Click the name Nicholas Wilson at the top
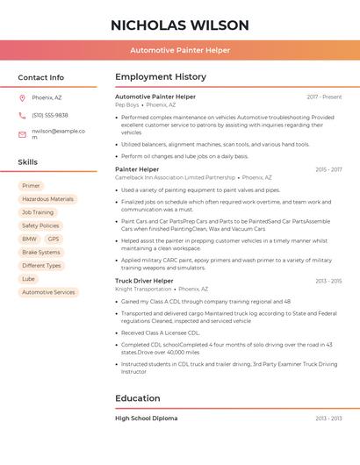click(180, 25)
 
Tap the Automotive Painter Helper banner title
click(180, 50)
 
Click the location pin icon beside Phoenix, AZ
click(22, 97)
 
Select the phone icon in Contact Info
click(22, 116)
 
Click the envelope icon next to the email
click(22, 134)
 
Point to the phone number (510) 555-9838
click(50, 116)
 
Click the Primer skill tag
click(31, 186)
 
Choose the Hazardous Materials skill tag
click(48, 199)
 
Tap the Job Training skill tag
click(38, 212)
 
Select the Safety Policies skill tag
click(40, 225)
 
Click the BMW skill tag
click(29, 239)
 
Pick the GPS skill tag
click(54, 239)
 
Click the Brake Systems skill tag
click(41, 252)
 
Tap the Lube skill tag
click(29, 279)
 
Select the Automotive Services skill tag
click(48, 292)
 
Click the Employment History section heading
click(161, 77)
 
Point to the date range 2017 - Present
click(324, 97)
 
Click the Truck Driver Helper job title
click(144, 281)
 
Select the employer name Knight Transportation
click(143, 289)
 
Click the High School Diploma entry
click(146, 418)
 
